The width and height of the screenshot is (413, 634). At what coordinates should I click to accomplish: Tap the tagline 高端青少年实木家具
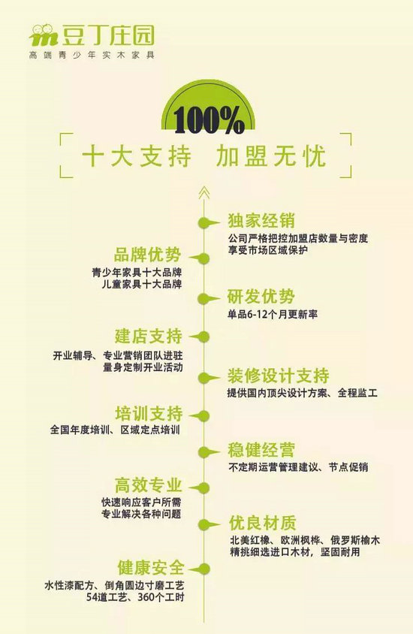click(92, 56)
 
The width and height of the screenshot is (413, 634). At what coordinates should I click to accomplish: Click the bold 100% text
click(209, 120)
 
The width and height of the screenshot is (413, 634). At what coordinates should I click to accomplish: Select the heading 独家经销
click(261, 221)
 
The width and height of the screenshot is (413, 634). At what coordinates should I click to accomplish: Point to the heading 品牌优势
click(147, 255)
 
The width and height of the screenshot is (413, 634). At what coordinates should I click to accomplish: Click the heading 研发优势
click(261, 297)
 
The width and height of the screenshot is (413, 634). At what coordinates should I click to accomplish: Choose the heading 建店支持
click(149, 336)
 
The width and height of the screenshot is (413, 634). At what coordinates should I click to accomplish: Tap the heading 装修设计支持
click(278, 376)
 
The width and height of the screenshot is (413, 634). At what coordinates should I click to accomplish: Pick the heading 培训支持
click(149, 414)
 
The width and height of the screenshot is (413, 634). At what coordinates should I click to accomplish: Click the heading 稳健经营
click(261, 450)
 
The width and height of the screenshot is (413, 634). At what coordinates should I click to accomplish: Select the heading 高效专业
click(149, 485)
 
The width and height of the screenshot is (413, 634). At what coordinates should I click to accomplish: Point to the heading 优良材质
click(263, 523)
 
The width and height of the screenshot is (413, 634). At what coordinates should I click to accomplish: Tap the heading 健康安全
click(151, 568)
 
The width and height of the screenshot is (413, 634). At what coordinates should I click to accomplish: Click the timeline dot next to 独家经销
click(203, 222)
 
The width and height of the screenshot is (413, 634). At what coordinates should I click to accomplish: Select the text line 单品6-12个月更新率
click(273, 314)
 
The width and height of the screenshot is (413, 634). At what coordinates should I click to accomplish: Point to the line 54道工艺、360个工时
click(135, 597)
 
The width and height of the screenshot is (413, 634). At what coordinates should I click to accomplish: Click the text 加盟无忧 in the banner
click(271, 156)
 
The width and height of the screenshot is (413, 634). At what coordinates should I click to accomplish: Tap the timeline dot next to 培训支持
click(203, 415)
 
